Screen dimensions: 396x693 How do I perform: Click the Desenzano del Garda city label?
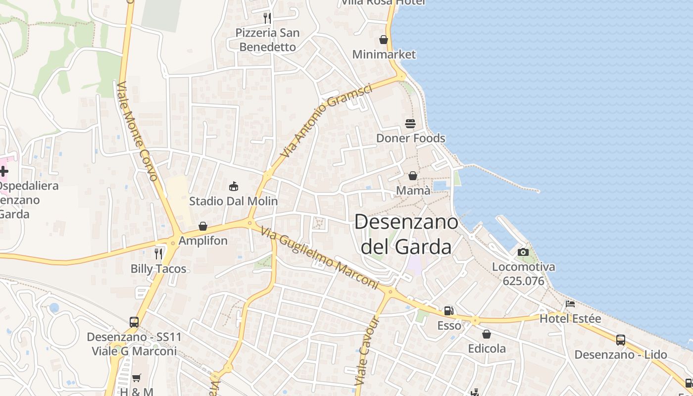[x=406, y=234]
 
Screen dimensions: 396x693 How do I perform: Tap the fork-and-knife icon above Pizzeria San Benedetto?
[x=267, y=18]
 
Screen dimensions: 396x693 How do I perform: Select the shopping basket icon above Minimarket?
[x=384, y=40]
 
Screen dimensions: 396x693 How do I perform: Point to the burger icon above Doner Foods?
[x=410, y=123]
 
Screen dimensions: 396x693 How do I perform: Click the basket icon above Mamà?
[x=413, y=176]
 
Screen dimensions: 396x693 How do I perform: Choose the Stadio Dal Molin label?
[x=234, y=201]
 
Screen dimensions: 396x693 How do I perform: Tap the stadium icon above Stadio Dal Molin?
[x=234, y=187]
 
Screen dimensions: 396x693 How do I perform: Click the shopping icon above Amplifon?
[x=203, y=226]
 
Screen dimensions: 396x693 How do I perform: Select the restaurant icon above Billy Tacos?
[x=158, y=254]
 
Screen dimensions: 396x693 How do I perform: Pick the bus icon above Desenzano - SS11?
[x=134, y=322]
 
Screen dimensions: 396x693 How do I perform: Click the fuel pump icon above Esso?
[x=449, y=311]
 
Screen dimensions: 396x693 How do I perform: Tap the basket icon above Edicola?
[x=487, y=334]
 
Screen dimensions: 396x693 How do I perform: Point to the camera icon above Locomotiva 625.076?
[x=523, y=252]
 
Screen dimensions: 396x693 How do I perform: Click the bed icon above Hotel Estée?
[x=570, y=304]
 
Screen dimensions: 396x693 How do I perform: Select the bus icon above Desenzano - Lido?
[x=621, y=340]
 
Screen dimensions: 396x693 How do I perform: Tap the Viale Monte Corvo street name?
[x=138, y=131]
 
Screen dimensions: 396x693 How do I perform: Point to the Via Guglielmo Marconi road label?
[x=319, y=258]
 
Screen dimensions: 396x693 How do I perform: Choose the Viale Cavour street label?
[x=367, y=352]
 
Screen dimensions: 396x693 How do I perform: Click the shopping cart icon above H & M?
[x=137, y=378]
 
